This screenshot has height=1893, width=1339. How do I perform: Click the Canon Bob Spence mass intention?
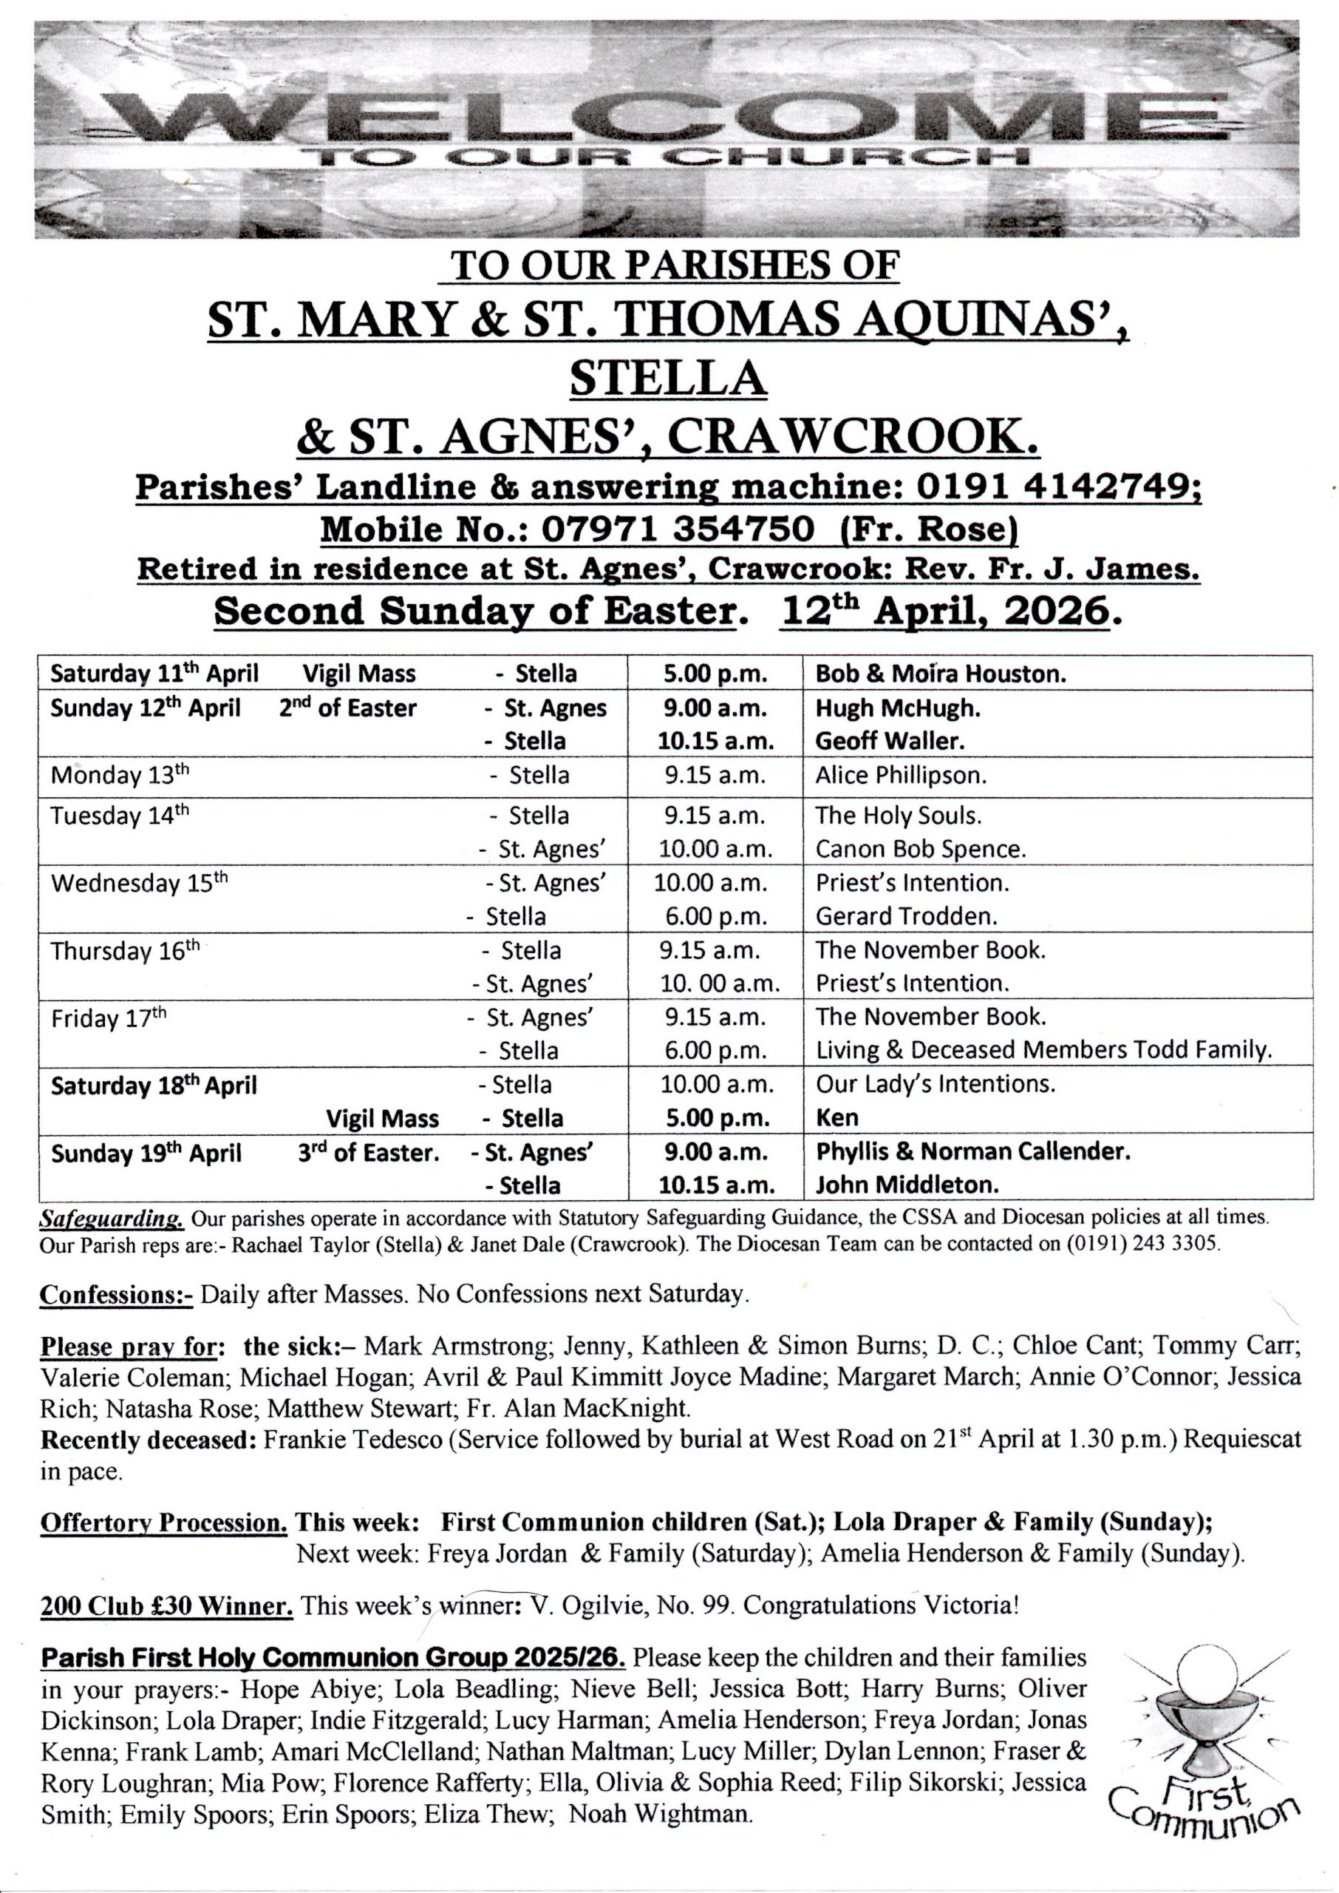(x=920, y=849)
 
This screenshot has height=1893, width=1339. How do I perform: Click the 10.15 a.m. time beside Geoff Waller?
(x=715, y=741)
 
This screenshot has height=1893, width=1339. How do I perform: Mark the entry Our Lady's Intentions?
(x=935, y=1084)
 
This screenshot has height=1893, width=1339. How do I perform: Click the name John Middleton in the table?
(x=907, y=1185)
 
